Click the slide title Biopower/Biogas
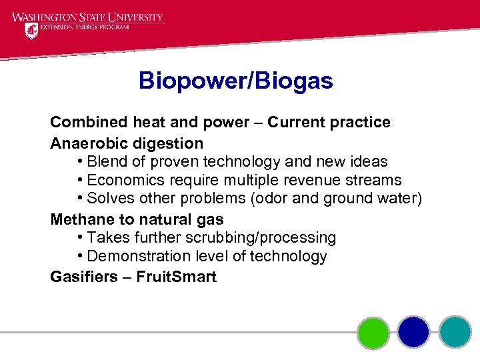pyautogui.click(x=235, y=81)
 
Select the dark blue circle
pyautogui.click(x=414, y=331)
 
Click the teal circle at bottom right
pyautogui.click(x=455, y=331)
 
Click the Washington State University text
pyautogui.click(x=87, y=17)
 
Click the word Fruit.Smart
pyautogui.click(x=176, y=277)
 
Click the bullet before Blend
pyautogui.click(x=79, y=162)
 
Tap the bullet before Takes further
pyautogui.click(x=79, y=238)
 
